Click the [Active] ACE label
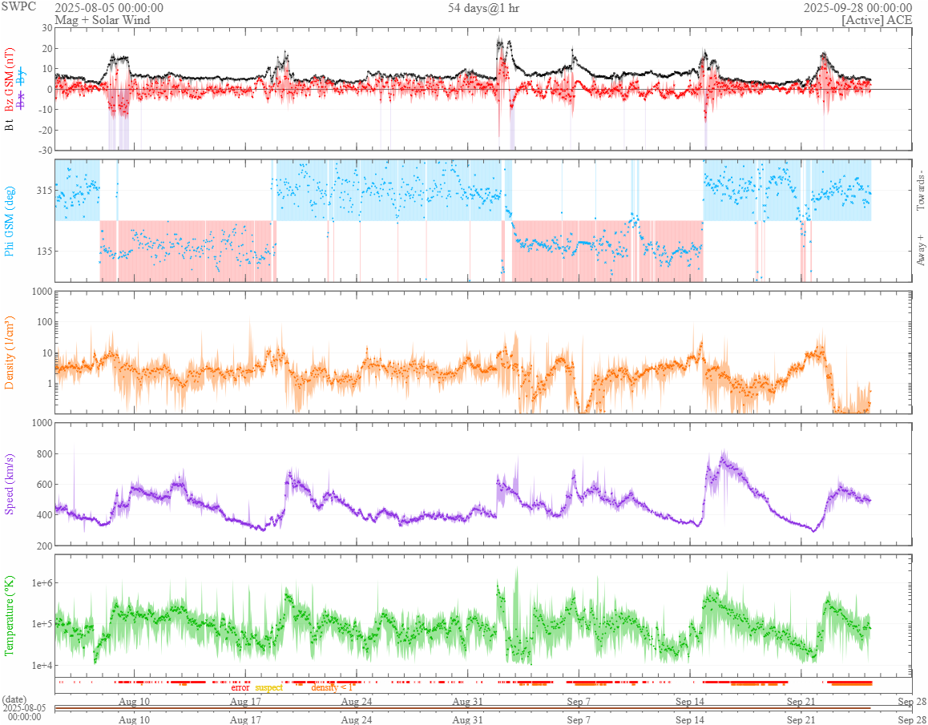pos(877,19)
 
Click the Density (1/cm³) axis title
pos(10,351)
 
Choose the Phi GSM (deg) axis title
pos(10,220)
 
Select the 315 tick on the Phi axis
pos(42,190)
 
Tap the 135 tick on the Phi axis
pos(42,251)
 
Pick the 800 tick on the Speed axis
pos(42,454)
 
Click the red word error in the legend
pos(240,687)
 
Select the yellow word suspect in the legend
pos(269,687)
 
